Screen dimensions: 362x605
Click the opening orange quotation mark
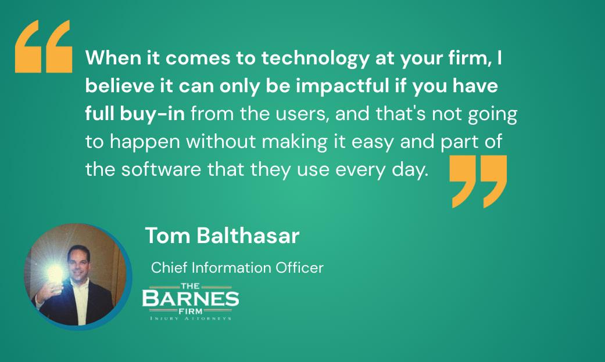pos(43,46)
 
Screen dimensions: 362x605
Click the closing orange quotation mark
pos(479,180)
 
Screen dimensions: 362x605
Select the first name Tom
pos(163,236)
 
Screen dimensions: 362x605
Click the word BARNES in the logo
pos(191,299)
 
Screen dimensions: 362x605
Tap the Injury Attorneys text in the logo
pos(191,318)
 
